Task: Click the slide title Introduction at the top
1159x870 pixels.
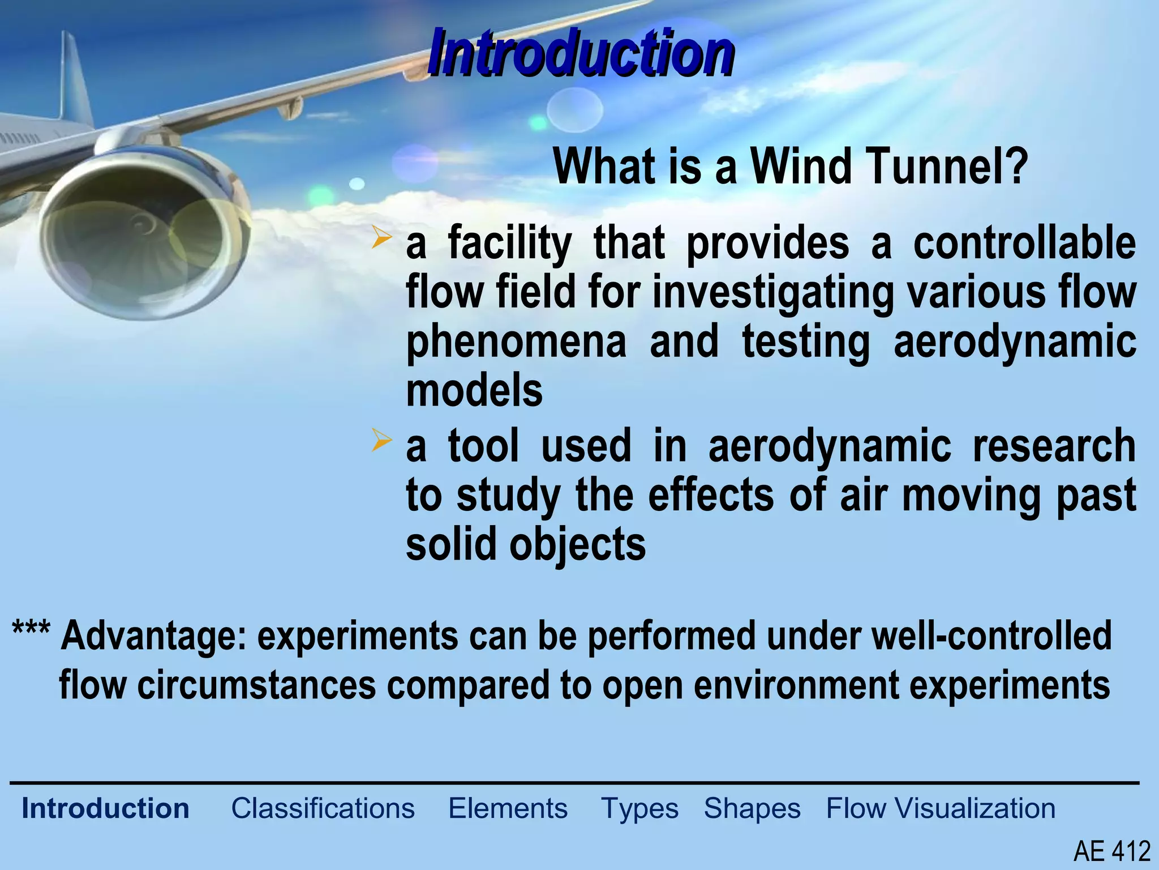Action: (581, 53)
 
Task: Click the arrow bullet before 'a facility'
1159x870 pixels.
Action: (381, 238)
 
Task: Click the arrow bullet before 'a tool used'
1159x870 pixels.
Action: (381, 441)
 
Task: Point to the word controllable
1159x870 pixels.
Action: (1024, 242)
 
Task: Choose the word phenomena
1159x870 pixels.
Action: (516, 342)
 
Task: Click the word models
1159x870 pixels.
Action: (474, 391)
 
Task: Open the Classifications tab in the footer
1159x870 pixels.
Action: (323, 808)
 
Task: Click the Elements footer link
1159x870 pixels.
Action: (508, 808)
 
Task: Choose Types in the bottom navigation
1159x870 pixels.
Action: (639, 809)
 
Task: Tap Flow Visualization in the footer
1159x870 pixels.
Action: (941, 808)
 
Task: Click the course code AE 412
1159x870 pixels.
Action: (1112, 851)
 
